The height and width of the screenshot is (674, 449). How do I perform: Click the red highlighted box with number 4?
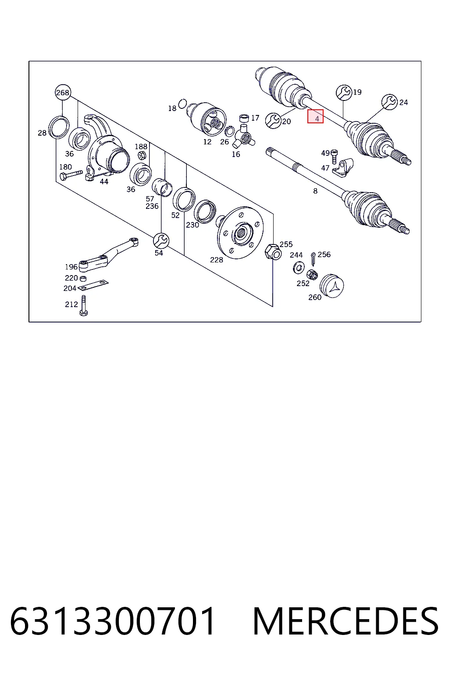click(x=315, y=116)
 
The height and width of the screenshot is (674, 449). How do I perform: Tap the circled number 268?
click(x=63, y=93)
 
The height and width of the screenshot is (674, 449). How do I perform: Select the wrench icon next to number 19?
click(x=344, y=93)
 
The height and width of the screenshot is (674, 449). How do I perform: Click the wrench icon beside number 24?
click(x=389, y=102)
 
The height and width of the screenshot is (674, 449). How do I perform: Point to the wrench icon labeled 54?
click(x=161, y=240)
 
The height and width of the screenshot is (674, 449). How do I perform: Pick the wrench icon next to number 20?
click(x=273, y=121)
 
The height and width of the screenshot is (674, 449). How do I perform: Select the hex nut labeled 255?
click(x=273, y=252)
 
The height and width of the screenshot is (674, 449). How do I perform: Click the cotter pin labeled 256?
click(x=313, y=259)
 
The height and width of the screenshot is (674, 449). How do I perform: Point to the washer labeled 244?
click(x=299, y=268)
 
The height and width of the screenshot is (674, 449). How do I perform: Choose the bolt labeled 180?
click(x=71, y=175)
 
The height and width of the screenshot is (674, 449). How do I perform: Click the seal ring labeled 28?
click(x=59, y=127)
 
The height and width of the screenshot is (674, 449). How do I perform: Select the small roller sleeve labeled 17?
click(x=244, y=118)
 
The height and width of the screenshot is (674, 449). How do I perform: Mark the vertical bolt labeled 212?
click(x=84, y=305)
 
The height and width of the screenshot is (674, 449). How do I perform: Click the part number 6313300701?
click(x=113, y=621)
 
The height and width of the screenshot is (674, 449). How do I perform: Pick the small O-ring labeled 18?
click(x=182, y=104)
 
